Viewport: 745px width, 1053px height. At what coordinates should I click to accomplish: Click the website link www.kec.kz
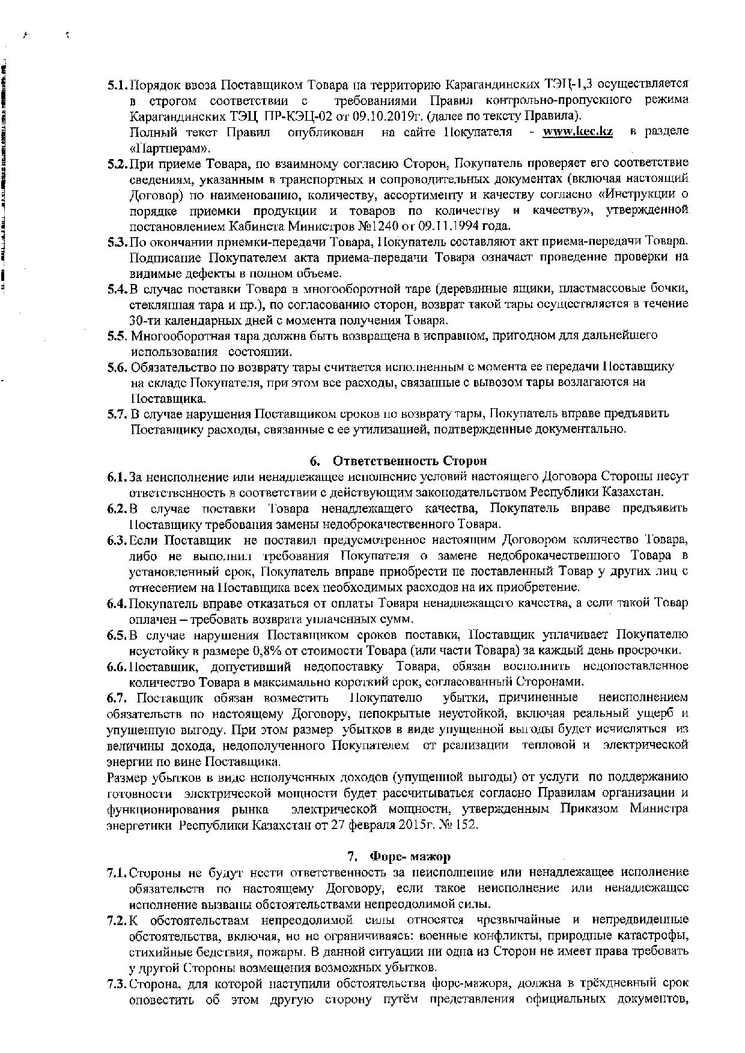(577, 131)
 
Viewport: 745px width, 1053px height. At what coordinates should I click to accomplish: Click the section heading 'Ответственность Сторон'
(410, 460)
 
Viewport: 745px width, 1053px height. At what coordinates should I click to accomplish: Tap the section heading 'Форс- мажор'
(410, 855)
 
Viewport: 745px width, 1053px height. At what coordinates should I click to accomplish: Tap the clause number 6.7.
(117, 698)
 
